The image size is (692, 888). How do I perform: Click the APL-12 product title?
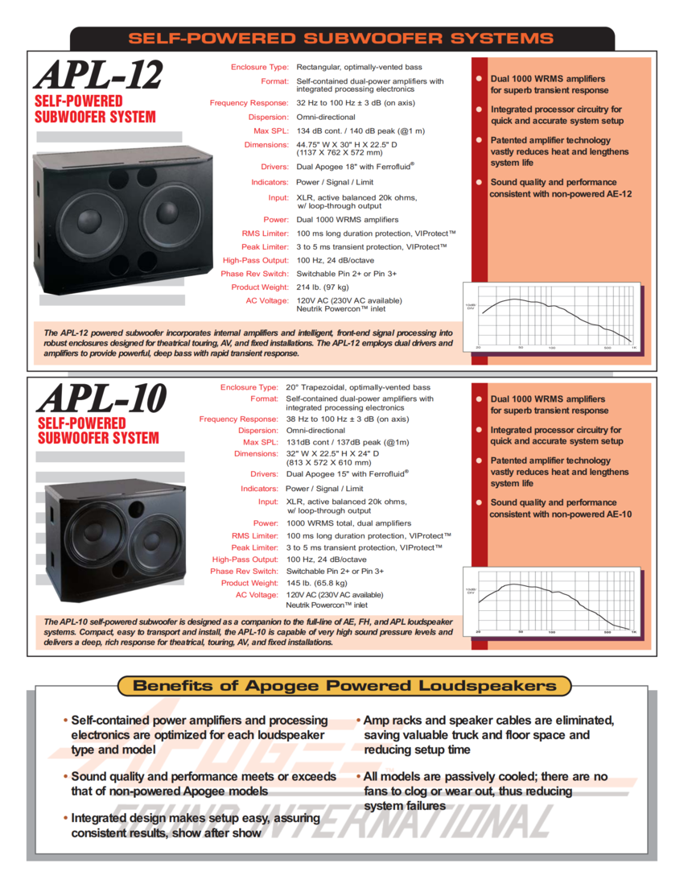pyautogui.click(x=98, y=75)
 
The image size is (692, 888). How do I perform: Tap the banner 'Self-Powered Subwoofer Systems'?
pyautogui.click(x=341, y=38)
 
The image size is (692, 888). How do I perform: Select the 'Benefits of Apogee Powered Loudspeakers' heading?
pyautogui.click(x=344, y=686)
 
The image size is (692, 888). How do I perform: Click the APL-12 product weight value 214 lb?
pyautogui.click(x=323, y=287)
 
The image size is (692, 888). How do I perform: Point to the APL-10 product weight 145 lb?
pyautogui.click(x=317, y=583)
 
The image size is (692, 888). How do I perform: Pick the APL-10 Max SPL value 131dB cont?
pyautogui.click(x=348, y=442)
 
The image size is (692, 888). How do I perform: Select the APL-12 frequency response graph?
pyautogui.click(x=552, y=317)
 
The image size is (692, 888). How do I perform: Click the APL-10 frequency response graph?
pyautogui.click(x=552, y=601)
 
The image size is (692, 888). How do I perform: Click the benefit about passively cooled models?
pyautogui.click(x=485, y=791)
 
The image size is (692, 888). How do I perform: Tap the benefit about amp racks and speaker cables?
pyautogui.click(x=488, y=734)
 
